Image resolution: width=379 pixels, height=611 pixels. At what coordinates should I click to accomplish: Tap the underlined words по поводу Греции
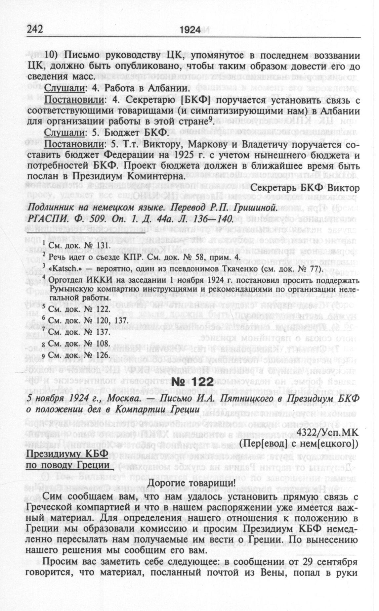(68, 465)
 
